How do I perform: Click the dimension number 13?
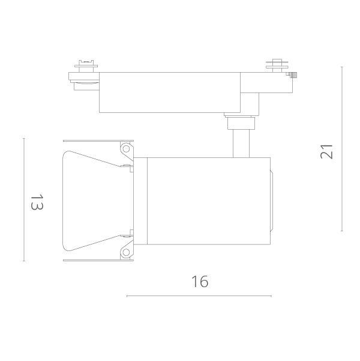coord(37,202)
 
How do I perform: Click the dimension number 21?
coord(326,151)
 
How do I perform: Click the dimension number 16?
coord(200,281)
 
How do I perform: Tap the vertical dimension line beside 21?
coord(342,149)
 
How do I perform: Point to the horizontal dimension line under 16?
coord(199,296)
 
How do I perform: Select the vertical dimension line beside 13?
coord(24,199)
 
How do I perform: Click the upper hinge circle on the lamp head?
coord(126,149)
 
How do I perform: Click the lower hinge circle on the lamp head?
coord(126,252)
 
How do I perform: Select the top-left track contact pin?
coord(86,66)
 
